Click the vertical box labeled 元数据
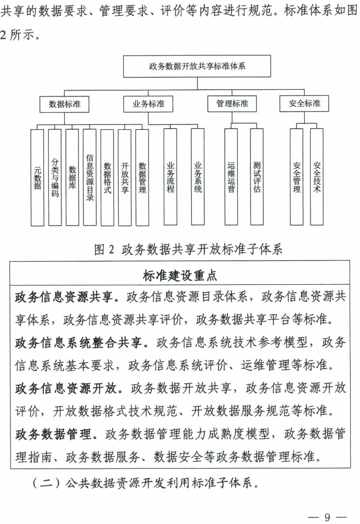[37, 177]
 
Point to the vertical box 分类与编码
[55, 177]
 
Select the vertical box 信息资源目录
[90, 177]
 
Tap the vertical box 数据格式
[107, 177]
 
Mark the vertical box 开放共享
[124, 177]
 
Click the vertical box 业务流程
[170, 177]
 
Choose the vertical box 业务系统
[198, 177]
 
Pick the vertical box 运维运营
[231, 177]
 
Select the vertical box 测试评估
[257, 177]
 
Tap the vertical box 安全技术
[316, 177]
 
